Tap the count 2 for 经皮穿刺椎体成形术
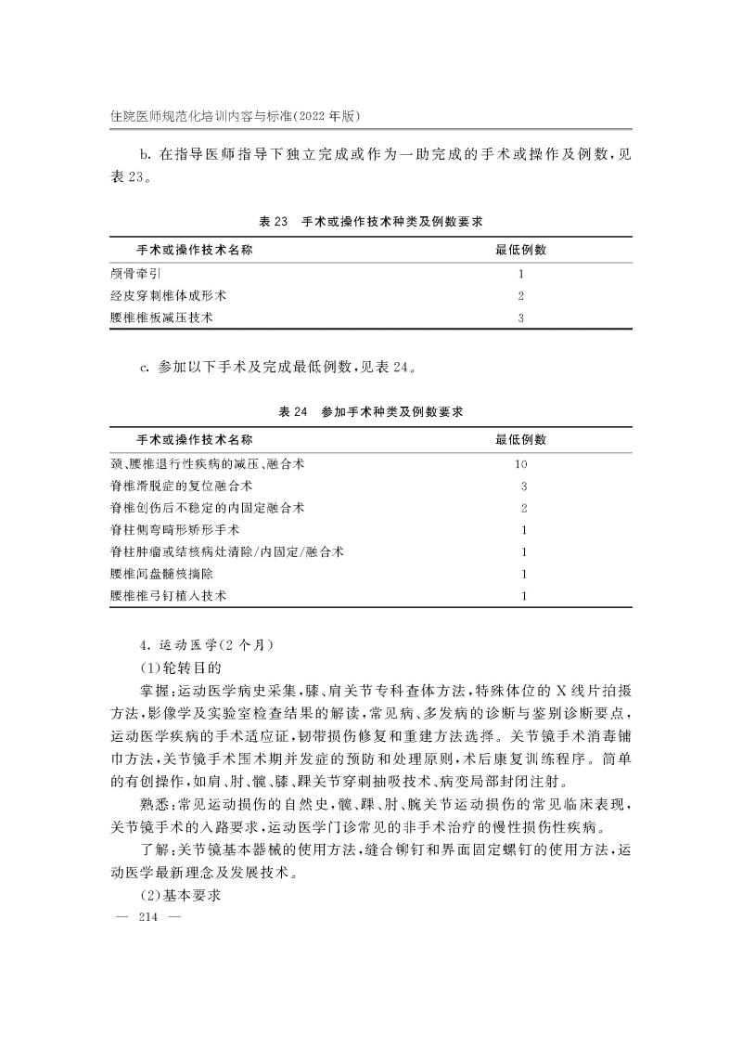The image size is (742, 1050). pyautogui.click(x=521, y=296)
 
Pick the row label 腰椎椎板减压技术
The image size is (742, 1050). pyautogui.click(x=161, y=318)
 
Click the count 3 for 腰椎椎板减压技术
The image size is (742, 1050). pyautogui.click(x=521, y=318)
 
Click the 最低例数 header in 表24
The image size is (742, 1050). pyautogui.click(x=521, y=439)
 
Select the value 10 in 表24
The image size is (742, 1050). pyautogui.click(x=521, y=463)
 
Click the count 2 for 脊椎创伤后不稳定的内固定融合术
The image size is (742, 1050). pyautogui.click(x=524, y=508)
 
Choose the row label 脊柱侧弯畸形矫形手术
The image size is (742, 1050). pyautogui.click(x=174, y=529)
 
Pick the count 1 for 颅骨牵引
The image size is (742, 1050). pyautogui.click(x=521, y=274)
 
